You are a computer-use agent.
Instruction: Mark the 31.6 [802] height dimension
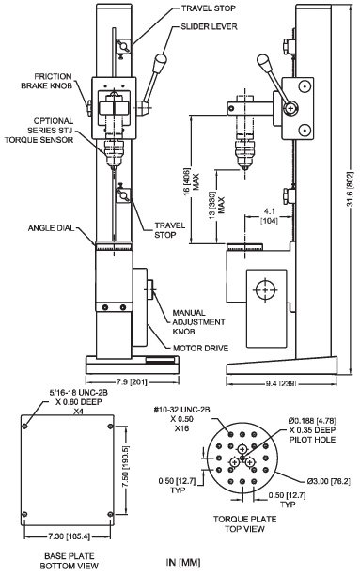tap(349, 193)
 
